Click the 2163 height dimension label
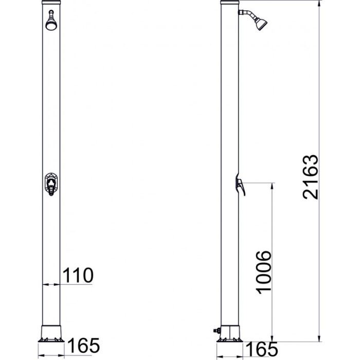[311, 177]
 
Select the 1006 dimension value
[263, 272]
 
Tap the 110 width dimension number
[78, 275]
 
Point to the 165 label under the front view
[83, 345]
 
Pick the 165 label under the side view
[262, 349]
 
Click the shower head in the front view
[51, 24]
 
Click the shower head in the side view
[261, 24]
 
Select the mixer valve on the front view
[51, 184]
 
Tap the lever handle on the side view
[240, 186]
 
